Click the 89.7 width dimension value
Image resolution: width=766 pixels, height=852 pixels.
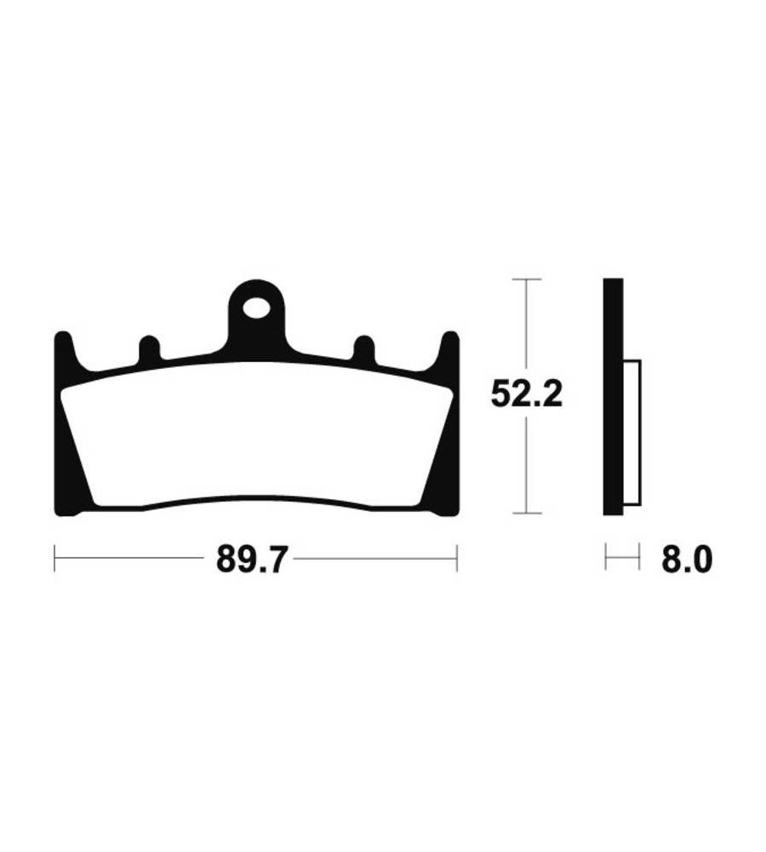click(x=250, y=559)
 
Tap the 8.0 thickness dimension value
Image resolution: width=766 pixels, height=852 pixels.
click(x=686, y=559)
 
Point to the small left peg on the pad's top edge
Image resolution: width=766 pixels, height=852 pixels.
click(x=150, y=348)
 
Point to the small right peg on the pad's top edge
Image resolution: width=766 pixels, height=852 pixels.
click(x=363, y=348)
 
